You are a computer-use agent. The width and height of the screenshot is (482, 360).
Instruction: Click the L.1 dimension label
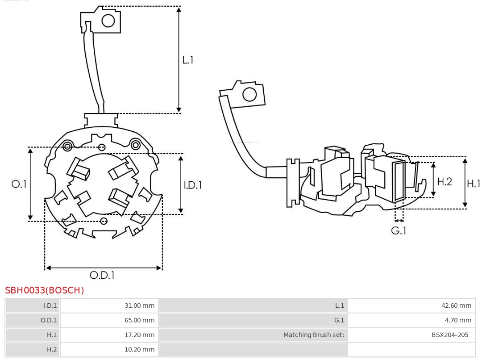[187, 60]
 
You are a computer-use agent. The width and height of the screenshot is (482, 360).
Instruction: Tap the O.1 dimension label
[19, 184]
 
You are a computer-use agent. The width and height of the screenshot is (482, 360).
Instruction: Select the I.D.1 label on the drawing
[193, 185]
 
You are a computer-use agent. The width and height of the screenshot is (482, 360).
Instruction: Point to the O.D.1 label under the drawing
[102, 275]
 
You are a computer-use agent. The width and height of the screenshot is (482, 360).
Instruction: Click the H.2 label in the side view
[444, 181]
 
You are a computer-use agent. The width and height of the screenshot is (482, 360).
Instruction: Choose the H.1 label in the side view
[473, 183]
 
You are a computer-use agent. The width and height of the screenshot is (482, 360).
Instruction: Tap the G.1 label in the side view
[399, 230]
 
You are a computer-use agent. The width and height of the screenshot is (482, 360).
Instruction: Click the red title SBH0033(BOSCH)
[45, 290]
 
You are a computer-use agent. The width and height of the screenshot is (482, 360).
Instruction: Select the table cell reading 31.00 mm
[139, 306]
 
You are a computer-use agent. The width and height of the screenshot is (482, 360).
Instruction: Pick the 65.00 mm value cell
[139, 320]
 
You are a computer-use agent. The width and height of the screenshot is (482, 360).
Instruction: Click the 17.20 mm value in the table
[139, 335]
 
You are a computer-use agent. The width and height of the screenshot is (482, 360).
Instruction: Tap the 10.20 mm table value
[139, 349]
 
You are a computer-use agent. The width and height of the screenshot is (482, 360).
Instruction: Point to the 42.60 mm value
[456, 306]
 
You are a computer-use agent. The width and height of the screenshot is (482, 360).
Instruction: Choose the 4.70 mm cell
[458, 320]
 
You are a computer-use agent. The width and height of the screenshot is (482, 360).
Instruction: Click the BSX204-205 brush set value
[450, 335]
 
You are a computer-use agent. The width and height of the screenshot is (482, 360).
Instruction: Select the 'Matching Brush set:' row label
[314, 335]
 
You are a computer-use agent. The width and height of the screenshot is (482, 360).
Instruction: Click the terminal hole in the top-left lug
[108, 20]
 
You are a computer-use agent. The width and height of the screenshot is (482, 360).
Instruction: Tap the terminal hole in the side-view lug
[249, 95]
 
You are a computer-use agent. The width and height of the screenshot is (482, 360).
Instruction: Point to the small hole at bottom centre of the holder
[104, 221]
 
